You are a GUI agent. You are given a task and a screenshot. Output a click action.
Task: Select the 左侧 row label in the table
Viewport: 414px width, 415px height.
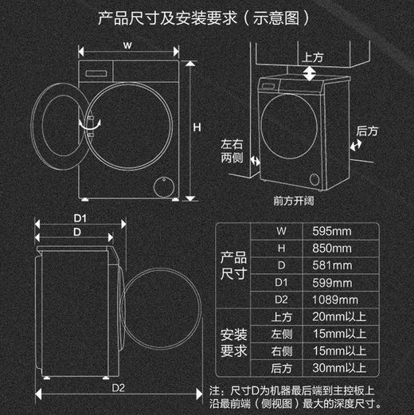click(x=280, y=334)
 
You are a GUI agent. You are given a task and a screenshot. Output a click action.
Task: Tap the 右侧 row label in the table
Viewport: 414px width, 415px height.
click(x=280, y=350)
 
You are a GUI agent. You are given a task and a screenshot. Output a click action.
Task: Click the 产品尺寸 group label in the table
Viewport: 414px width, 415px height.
click(x=233, y=265)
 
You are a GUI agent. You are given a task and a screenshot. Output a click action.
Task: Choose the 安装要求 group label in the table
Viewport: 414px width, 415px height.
click(x=233, y=342)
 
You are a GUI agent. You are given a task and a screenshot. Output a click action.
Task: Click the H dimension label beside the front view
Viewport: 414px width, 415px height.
click(x=196, y=128)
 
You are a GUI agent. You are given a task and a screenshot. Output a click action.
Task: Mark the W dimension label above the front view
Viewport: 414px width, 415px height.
click(x=127, y=46)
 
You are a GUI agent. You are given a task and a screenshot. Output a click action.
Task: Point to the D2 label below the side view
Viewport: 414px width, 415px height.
click(x=119, y=388)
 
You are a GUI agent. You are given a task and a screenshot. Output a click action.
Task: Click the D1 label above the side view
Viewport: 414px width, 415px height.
click(x=80, y=217)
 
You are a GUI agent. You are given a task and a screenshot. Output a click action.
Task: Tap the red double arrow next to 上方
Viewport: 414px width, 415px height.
click(x=308, y=73)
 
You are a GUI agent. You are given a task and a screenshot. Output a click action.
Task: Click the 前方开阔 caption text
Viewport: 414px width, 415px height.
click(x=294, y=202)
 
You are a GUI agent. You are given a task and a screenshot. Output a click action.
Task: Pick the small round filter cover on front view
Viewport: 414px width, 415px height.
click(x=164, y=184)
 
